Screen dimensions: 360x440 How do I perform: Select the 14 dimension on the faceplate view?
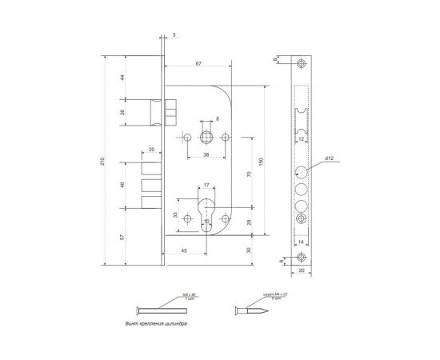301,240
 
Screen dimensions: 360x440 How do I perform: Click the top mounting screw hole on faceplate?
301,63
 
